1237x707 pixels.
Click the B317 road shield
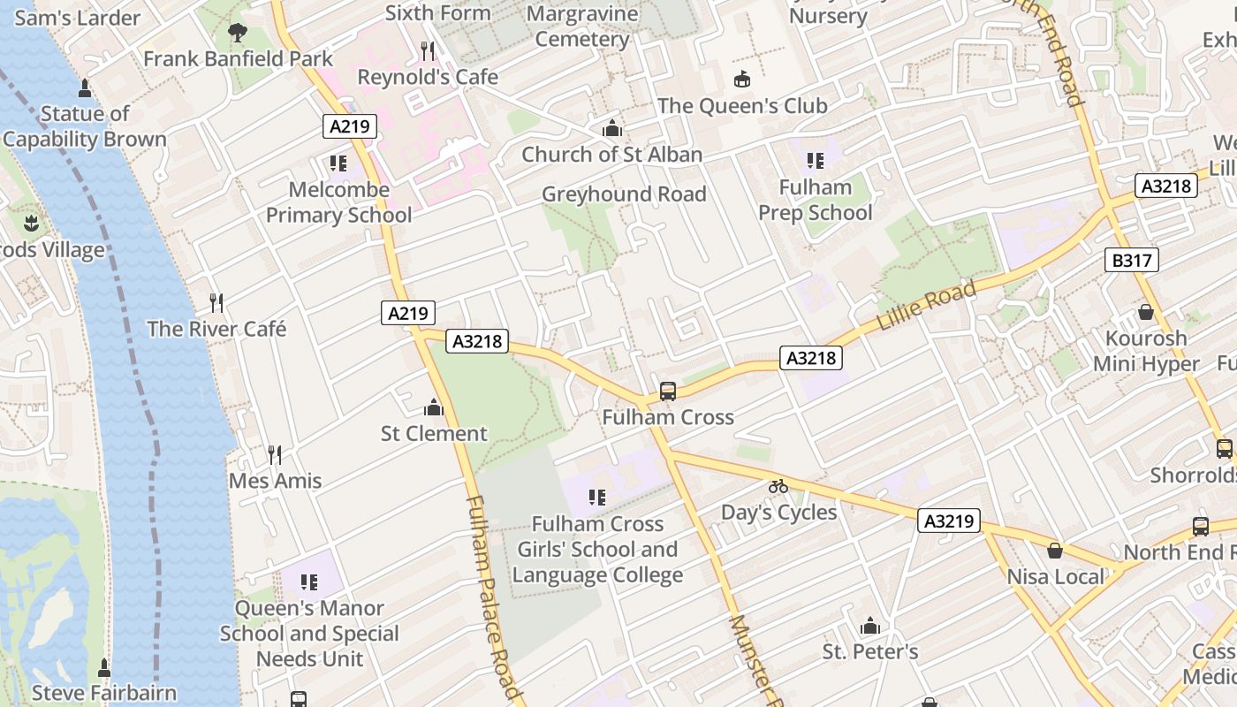(x=1131, y=260)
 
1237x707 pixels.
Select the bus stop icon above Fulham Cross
(x=668, y=391)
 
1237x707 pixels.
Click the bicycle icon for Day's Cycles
(x=778, y=486)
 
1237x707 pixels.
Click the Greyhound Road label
(x=624, y=194)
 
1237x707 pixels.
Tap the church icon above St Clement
(x=433, y=407)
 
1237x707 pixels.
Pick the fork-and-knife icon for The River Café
(x=216, y=303)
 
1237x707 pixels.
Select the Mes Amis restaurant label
(x=275, y=481)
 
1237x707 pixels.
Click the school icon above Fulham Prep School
(x=815, y=161)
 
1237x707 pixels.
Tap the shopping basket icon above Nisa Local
(x=1055, y=551)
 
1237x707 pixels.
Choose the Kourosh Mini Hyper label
(x=1146, y=351)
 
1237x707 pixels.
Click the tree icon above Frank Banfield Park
(x=237, y=33)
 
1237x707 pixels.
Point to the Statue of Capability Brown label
(x=85, y=126)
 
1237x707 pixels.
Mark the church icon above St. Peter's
(x=870, y=627)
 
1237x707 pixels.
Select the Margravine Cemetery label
(x=582, y=27)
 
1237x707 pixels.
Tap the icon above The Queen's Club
(x=742, y=80)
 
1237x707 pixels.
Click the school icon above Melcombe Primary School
(x=338, y=163)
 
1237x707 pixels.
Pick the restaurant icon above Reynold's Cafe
(x=428, y=50)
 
